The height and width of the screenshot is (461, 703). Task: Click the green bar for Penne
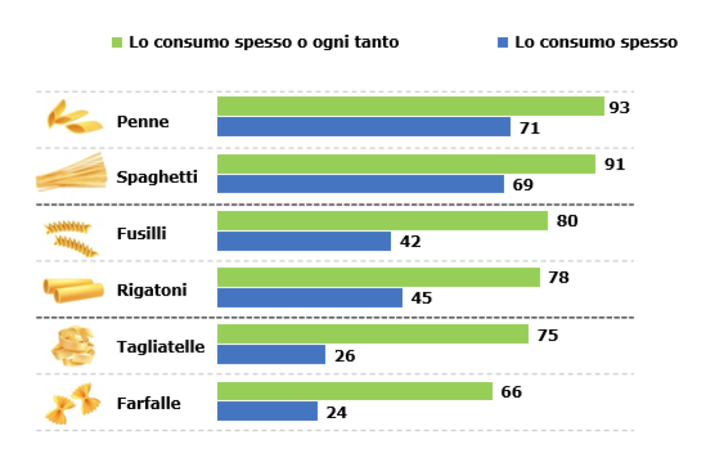tap(410, 106)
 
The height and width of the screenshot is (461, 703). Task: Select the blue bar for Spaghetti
tap(360, 184)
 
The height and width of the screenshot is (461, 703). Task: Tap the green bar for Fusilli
tap(382, 221)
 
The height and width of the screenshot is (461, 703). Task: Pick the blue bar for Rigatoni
tap(309, 298)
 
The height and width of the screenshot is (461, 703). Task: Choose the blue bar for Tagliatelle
tap(271, 354)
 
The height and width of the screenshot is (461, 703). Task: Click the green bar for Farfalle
tap(355, 391)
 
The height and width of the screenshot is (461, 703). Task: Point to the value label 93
tap(619, 107)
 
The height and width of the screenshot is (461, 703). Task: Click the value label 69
tap(523, 185)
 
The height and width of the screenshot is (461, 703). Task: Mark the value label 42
tap(410, 242)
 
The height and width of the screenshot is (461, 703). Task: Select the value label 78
tap(559, 278)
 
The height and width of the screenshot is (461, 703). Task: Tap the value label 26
tap(345, 356)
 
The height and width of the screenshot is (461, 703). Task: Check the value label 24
tap(336, 413)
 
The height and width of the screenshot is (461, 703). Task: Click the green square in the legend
tap(117, 42)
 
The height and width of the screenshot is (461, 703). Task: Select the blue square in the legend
tap(502, 42)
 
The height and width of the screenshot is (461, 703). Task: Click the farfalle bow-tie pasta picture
tap(73, 403)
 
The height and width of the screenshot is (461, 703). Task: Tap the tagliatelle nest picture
tap(73, 346)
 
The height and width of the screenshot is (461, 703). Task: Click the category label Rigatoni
tap(152, 290)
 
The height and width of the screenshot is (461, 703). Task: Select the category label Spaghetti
tap(157, 177)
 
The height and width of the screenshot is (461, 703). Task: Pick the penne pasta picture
tap(73, 118)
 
